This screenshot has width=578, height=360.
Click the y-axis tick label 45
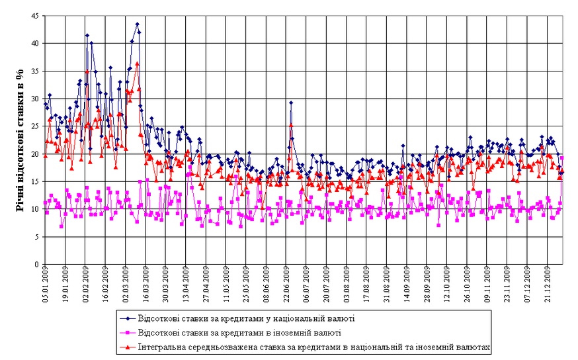pyautogui.click(x=34, y=15)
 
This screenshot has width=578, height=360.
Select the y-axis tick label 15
pyautogui.click(x=34, y=181)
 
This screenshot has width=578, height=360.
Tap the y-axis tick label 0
pyautogui.click(x=36, y=265)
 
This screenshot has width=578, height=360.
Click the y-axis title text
pyautogui.click(x=19, y=140)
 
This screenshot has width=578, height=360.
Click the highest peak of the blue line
pyautogui.click(x=137, y=24)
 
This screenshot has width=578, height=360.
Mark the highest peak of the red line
pyautogui.click(x=137, y=64)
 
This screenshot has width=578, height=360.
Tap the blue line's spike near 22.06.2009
pyautogui.click(x=291, y=103)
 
